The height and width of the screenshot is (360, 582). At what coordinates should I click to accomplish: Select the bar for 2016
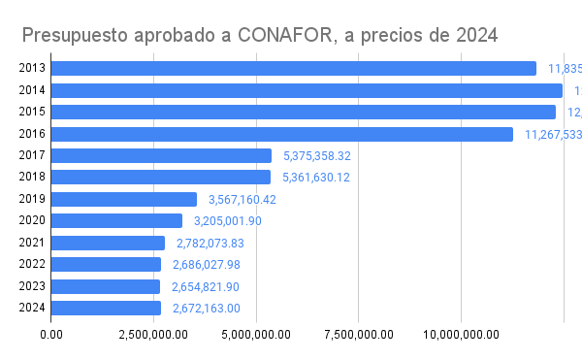pos(281,134)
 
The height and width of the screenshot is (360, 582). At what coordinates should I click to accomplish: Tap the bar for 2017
pos(161,155)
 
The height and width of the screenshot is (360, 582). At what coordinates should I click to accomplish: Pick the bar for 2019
pos(123,199)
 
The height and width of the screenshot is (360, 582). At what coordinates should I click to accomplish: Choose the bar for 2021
pos(108,243)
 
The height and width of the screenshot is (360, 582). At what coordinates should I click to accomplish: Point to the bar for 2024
pos(106,308)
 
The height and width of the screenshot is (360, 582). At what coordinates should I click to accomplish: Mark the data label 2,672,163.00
pos(207,309)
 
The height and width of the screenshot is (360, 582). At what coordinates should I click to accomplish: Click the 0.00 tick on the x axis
pos(51,335)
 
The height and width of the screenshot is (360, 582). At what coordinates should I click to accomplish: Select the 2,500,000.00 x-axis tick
pos(153,335)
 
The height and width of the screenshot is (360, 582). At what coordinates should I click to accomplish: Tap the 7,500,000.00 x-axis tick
pos(358,335)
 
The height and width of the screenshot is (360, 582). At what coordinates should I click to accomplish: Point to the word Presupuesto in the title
pos(77,37)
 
